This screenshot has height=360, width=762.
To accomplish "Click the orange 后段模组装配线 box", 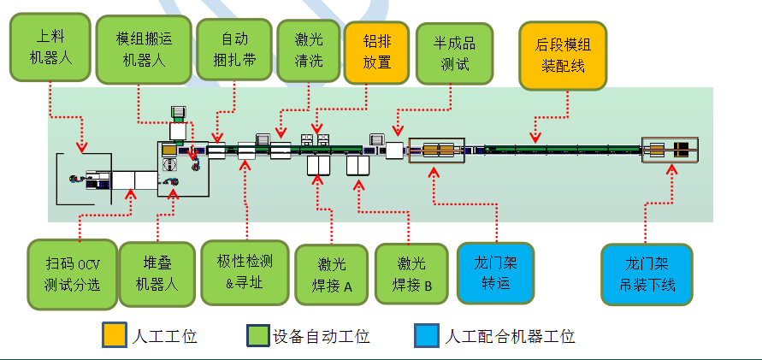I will click(562, 54).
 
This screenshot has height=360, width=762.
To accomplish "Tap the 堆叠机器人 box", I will click(155, 274).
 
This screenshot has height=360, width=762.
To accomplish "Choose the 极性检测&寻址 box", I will click(245, 272).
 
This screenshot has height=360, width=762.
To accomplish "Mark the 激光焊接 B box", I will click(411, 274).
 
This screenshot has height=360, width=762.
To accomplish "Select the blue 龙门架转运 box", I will click(494, 273).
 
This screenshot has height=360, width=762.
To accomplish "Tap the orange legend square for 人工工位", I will click(114, 335).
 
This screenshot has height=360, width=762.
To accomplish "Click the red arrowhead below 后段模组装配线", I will click(535, 138).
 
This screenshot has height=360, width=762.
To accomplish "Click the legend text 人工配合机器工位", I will click(510, 336).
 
